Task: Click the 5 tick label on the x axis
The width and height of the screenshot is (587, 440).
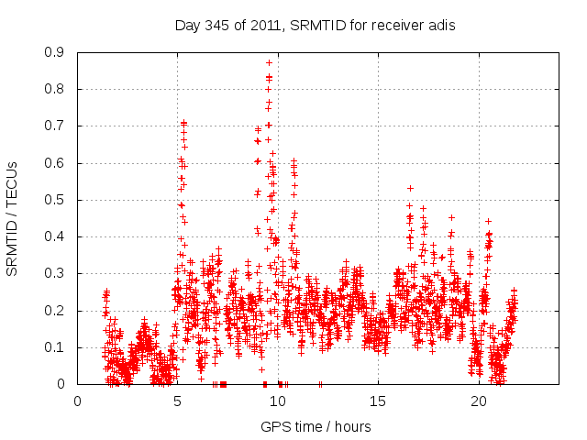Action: (x=178, y=401)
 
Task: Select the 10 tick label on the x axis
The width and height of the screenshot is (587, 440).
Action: (x=278, y=401)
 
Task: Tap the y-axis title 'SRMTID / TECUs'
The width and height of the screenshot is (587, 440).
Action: (x=13, y=218)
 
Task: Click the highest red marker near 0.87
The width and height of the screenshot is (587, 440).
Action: (x=269, y=62)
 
